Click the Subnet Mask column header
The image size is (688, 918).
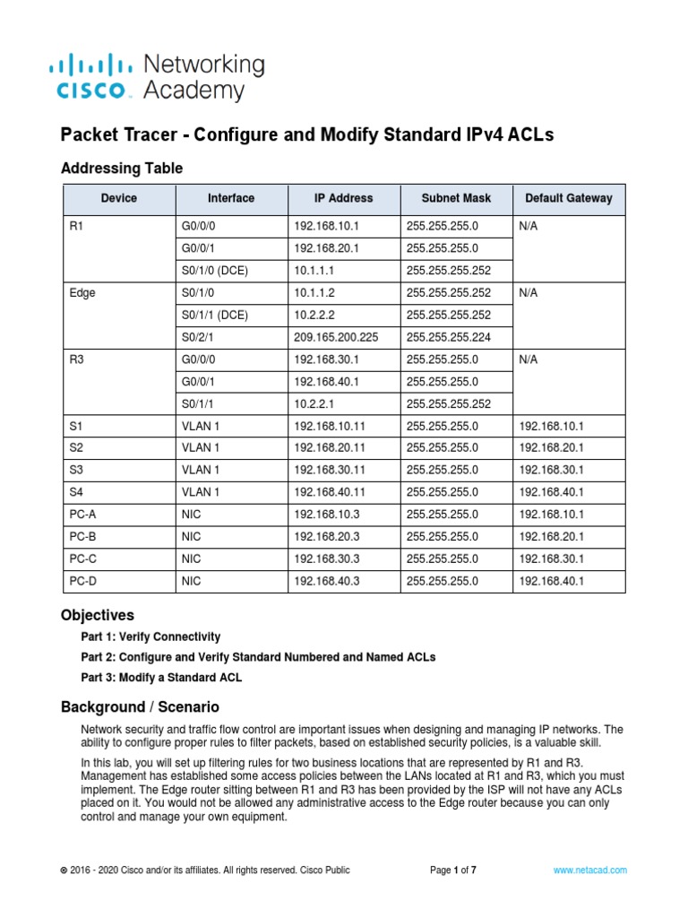457,198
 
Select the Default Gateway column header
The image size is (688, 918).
569,198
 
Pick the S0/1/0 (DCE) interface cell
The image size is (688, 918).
216,270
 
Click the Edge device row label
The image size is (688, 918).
82,292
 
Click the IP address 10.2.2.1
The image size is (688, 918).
313,403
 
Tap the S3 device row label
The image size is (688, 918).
76,470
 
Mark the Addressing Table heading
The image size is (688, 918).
121,168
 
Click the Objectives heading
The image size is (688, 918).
97,615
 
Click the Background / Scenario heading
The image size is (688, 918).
139,707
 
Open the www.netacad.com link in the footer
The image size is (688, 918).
589,870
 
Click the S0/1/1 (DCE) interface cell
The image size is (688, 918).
216,315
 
